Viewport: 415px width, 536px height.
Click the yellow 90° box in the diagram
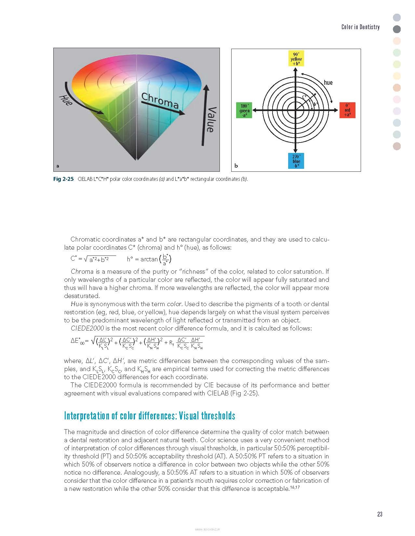point(296,59)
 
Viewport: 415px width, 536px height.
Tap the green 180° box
point(245,110)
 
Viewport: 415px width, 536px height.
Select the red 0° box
point(347,110)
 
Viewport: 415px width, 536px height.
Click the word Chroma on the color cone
point(160,101)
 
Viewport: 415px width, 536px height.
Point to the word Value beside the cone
point(211,119)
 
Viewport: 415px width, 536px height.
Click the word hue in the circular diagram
point(328,82)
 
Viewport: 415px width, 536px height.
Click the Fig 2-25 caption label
point(64,179)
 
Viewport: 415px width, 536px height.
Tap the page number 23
point(380,514)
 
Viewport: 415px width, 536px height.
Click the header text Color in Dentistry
point(360,27)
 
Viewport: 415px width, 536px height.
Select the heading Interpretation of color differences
point(149,416)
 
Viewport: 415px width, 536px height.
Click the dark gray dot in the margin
point(397,29)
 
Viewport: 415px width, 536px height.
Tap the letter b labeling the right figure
point(236,166)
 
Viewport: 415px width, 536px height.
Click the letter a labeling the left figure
point(58,166)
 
